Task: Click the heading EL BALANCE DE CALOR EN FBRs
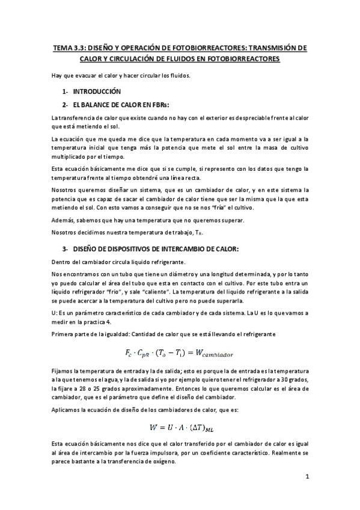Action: [120, 105]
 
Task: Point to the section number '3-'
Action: [65, 248]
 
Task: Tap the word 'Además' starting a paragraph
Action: [63, 220]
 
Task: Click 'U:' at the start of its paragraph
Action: [55, 313]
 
